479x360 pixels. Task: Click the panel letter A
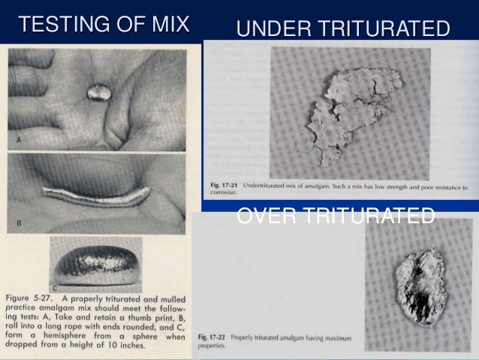tap(17, 141)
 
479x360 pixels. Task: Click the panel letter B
tap(17, 223)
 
